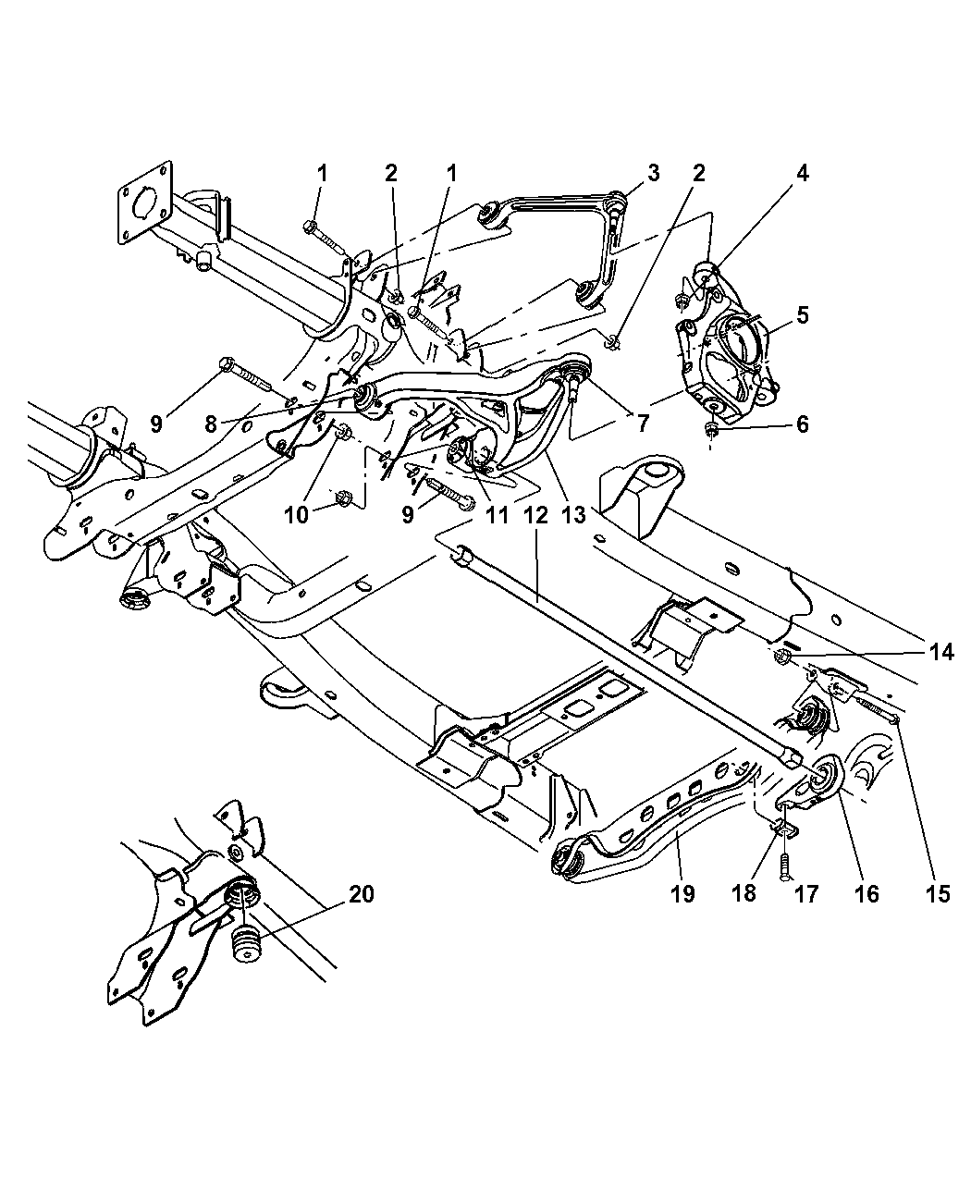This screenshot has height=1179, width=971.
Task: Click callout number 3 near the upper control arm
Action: (653, 173)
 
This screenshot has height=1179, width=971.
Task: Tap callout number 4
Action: (803, 173)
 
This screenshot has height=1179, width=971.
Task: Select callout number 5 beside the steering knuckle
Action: (802, 314)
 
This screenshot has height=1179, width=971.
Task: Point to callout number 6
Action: (802, 424)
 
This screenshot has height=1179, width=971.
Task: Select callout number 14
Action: (941, 652)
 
